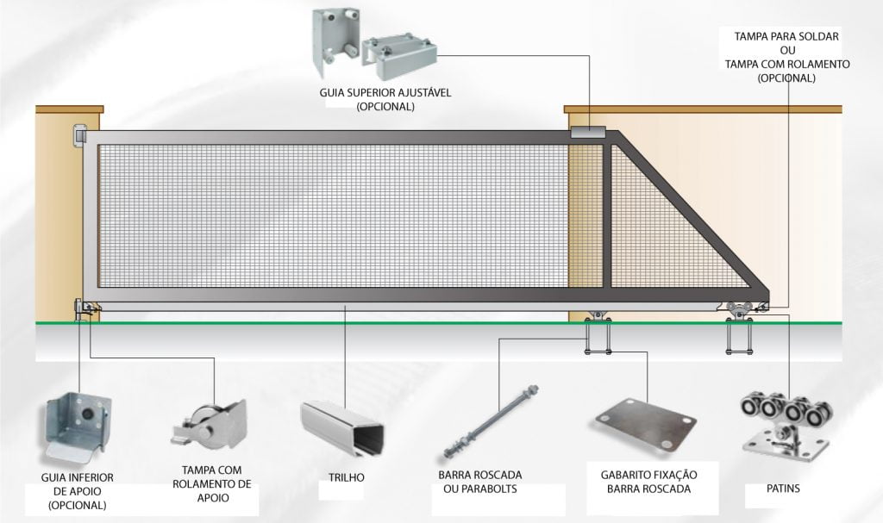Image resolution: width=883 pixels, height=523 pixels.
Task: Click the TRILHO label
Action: [347, 477]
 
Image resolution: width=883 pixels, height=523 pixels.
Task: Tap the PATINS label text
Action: [783, 488]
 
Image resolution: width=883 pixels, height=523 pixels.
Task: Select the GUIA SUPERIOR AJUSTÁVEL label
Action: [385, 99]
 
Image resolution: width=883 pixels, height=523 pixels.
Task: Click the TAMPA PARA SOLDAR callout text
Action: [786, 36]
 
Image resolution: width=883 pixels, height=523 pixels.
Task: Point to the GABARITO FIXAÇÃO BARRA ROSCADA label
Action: [648, 482]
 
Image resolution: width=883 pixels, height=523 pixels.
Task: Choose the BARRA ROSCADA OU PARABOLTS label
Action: [479, 482]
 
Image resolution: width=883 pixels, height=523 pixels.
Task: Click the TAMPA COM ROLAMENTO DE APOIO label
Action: [212, 483]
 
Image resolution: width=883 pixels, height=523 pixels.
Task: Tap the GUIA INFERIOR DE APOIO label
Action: [77, 491]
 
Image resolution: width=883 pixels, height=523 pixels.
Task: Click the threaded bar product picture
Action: [490, 421]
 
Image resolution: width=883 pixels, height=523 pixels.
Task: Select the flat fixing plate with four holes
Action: [645, 423]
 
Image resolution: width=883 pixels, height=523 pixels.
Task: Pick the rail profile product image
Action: [342, 428]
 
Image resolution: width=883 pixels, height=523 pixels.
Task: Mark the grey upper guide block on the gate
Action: [588, 133]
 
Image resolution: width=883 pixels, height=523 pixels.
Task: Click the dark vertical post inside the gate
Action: [607, 215]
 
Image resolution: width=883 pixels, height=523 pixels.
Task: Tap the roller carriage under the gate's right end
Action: [738, 311]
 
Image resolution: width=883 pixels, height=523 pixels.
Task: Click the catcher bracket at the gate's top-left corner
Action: [79, 137]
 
